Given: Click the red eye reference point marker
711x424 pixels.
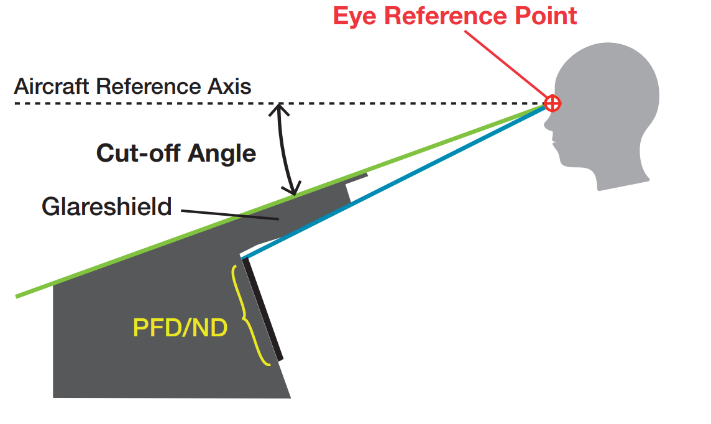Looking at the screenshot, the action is (x=553, y=103).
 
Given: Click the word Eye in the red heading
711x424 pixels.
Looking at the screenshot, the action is (x=355, y=17).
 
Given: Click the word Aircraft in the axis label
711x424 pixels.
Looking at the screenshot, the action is (x=51, y=86).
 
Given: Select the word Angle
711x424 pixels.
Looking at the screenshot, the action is (x=222, y=154).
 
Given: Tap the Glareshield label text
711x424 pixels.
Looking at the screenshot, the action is (x=106, y=207).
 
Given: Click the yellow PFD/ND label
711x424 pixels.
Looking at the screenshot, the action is (x=180, y=328).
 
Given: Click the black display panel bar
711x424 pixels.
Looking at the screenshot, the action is (x=262, y=309).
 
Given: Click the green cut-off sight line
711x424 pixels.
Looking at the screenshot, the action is (x=280, y=201).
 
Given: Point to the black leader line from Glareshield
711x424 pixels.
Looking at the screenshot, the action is (x=230, y=215).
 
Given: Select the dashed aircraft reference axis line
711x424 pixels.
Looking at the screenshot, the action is (x=279, y=104).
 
